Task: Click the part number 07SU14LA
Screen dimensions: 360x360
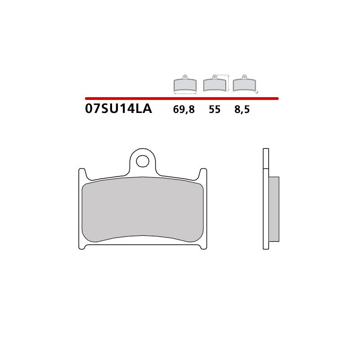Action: click(118, 109)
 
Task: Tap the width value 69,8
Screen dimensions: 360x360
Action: click(184, 110)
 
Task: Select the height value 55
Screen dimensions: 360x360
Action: click(215, 110)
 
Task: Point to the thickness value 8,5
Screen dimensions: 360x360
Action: click(242, 110)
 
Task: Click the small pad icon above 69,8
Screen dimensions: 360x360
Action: click(185, 84)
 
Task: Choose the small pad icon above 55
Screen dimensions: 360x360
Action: click(215, 84)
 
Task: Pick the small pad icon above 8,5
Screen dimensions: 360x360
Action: click(243, 84)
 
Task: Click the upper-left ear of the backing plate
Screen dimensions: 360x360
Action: click(82, 174)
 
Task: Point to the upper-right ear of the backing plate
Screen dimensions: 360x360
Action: click(204, 174)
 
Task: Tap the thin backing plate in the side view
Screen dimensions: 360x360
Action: click(265, 198)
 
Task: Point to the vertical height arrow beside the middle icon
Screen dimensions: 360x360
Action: click(229, 83)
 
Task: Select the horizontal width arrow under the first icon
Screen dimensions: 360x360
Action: click(185, 94)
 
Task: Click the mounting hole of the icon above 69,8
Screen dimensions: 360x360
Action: click(185, 76)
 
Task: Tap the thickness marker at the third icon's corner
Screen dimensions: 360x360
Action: click(256, 92)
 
